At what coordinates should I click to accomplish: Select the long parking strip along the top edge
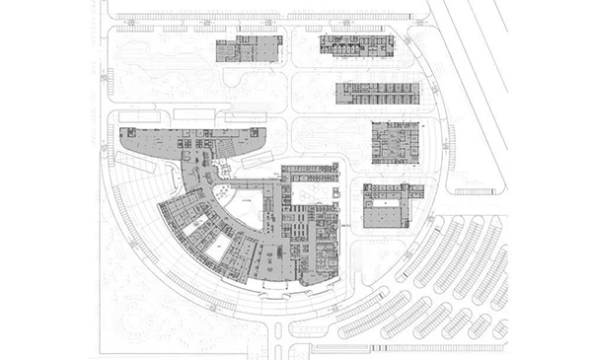(x=266, y=18)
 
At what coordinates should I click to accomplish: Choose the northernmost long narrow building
(x=355, y=44)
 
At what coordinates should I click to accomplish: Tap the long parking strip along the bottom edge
(x=395, y=344)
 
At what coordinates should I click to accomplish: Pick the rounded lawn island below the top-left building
(x=252, y=87)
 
